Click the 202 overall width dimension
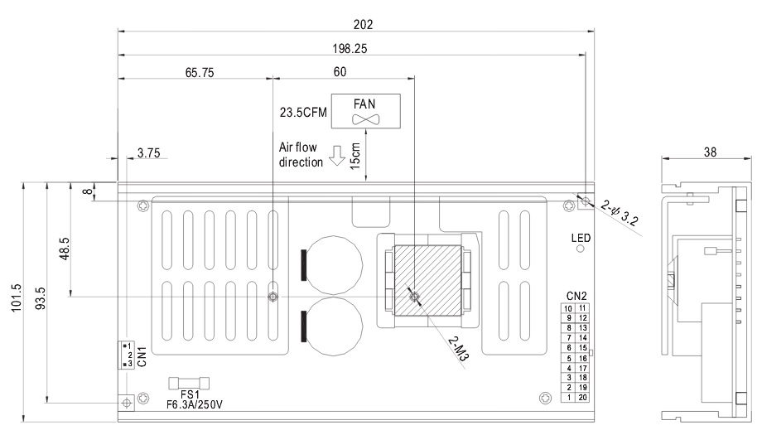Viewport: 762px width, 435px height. pos(363,24)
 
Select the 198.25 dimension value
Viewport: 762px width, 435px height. pos(350,49)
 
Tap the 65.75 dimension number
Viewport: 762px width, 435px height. pos(200,72)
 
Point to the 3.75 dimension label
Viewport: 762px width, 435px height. pos(148,153)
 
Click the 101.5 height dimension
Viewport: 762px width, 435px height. pos(17,297)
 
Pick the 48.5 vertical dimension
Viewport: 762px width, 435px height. pos(65,249)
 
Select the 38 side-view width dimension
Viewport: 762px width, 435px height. pos(710,152)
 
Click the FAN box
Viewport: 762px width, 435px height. pos(365,111)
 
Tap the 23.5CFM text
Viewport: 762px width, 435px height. pos(303,113)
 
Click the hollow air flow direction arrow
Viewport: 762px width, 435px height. pos(337,156)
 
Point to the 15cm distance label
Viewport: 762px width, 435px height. pos(355,156)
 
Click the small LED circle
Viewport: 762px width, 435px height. pos(581,249)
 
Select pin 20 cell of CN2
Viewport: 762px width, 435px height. pos(582,397)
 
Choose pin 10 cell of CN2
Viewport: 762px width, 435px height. pos(568,308)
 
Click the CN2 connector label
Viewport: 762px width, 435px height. pos(576,296)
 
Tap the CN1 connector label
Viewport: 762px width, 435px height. pos(142,356)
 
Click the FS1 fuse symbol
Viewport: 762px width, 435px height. pos(189,384)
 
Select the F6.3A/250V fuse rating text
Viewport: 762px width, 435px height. pos(195,404)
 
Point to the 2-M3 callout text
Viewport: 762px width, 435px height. pos(458,349)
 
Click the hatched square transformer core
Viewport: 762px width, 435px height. pos(427,280)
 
